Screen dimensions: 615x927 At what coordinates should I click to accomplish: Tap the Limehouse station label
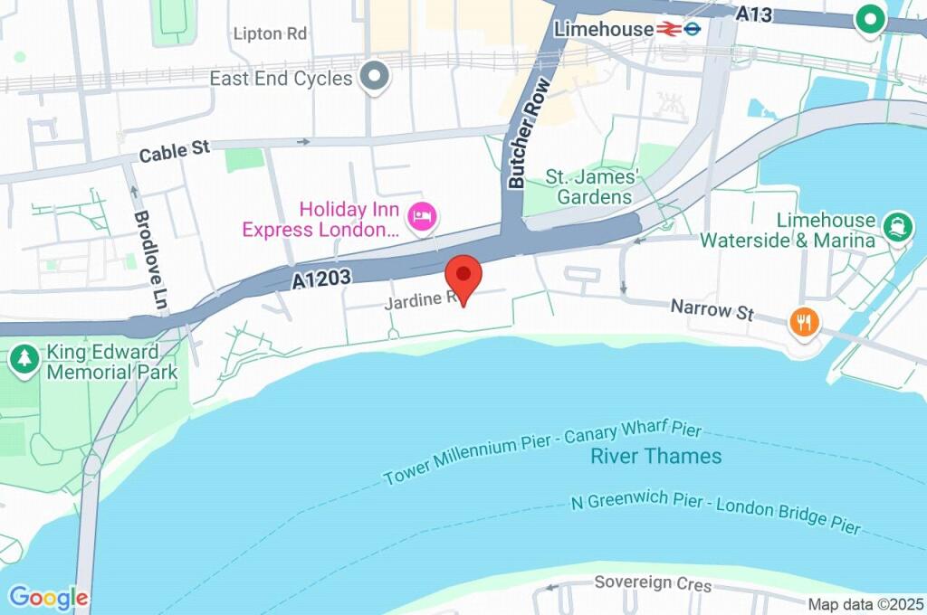(x=603, y=29)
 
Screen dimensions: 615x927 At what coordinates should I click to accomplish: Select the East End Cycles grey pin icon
(x=374, y=77)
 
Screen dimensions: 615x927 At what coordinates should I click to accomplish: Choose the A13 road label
(x=754, y=14)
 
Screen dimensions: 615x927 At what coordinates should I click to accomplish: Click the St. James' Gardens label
(x=594, y=187)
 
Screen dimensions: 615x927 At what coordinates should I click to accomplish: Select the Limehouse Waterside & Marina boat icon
(x=897, y=226)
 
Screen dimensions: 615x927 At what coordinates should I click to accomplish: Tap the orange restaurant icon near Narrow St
(x=803, y=321)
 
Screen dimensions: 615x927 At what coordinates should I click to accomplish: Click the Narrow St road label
(x=712, y=310)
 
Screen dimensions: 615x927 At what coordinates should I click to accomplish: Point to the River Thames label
(x=656, y=456)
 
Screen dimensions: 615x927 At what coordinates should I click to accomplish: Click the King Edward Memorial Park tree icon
(x=23, y=359)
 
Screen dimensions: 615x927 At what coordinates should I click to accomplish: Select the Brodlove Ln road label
(x=149, y=261)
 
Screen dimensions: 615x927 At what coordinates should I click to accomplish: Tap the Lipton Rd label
(x=270, y=34)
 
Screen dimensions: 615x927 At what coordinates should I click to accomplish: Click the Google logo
(x=48, y=598)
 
